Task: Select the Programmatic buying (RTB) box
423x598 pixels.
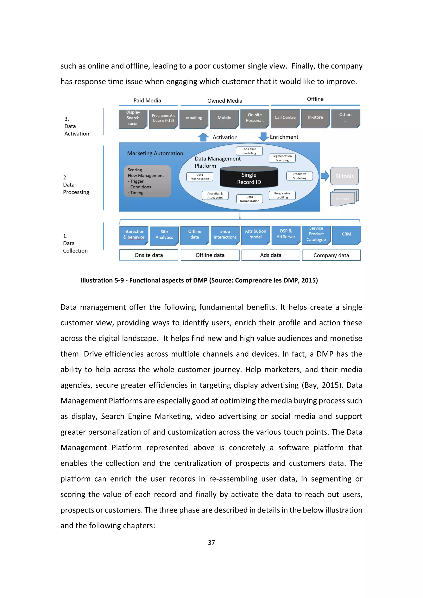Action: pos(163,119)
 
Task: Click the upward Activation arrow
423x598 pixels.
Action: pos(203,137)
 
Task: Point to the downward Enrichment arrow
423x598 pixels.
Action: pos(263,136)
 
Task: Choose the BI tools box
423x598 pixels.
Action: pos(344,176)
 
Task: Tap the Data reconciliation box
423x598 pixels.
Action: pos(200,177)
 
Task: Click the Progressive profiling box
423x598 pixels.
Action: pos(282,195)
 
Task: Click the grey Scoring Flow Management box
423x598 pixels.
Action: pos(148,181)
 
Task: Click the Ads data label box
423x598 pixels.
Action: pos(271,255)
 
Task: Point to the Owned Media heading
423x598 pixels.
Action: pos(225,101)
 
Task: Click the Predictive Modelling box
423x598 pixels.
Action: pos(299,176)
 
